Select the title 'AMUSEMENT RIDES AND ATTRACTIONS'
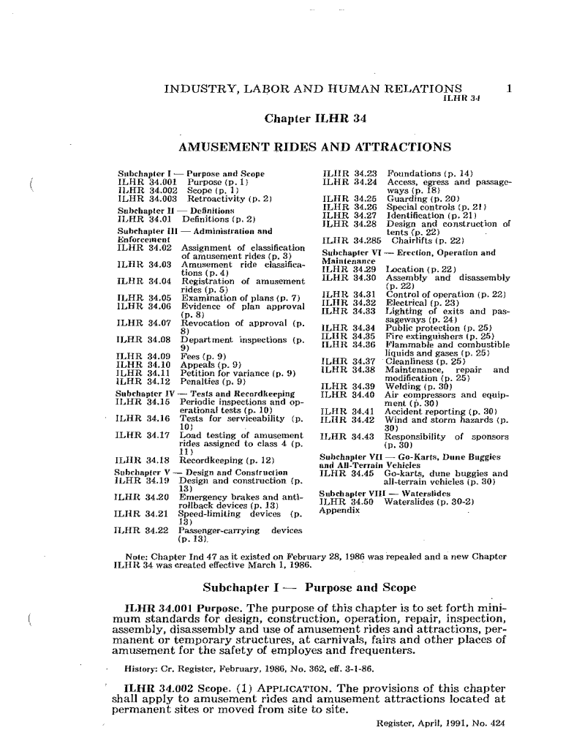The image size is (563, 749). pos(314,147)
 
